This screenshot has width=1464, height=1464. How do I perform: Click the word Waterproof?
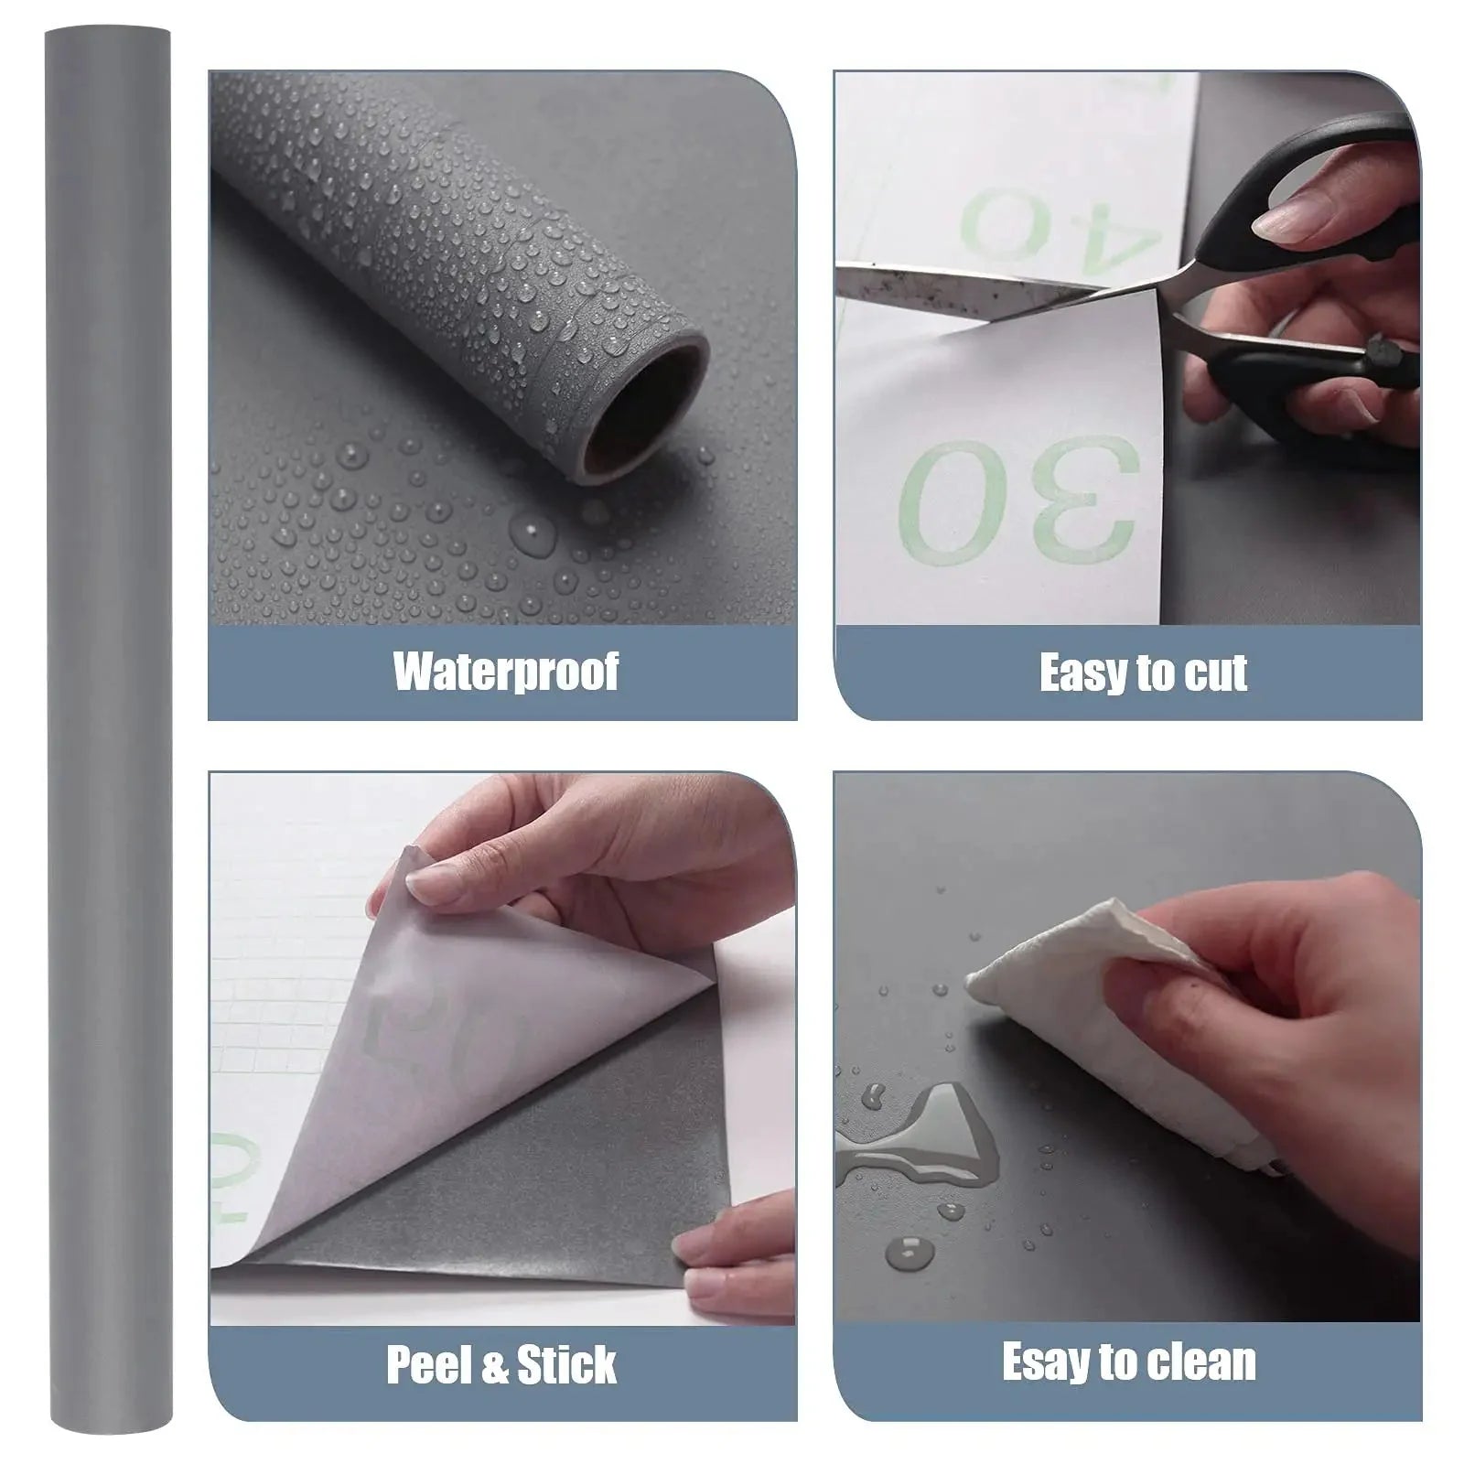[x=506, y=673]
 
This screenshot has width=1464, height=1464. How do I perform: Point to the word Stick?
[x=567, y=1366]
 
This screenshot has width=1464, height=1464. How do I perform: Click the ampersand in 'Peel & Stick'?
[x=493, y=1366]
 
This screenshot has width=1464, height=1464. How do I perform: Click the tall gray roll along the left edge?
[x=109, y=732]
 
